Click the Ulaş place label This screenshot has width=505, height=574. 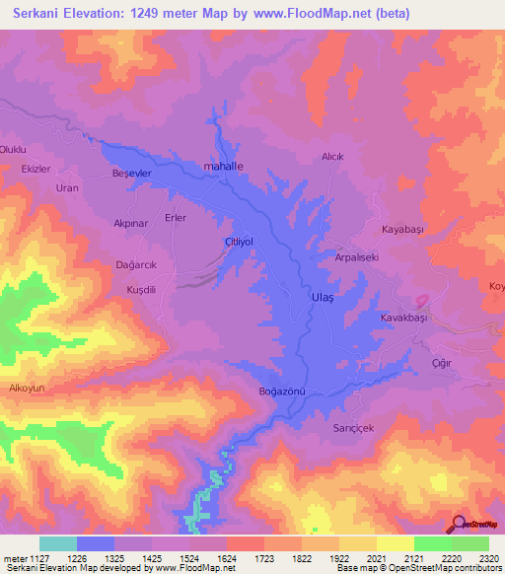[296, 296]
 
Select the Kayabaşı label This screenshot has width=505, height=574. [401, 229]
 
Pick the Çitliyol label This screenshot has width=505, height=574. [240, 242]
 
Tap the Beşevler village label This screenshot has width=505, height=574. [131, 173]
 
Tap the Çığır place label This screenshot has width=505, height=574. [441, 363]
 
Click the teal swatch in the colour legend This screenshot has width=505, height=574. [58, 543]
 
